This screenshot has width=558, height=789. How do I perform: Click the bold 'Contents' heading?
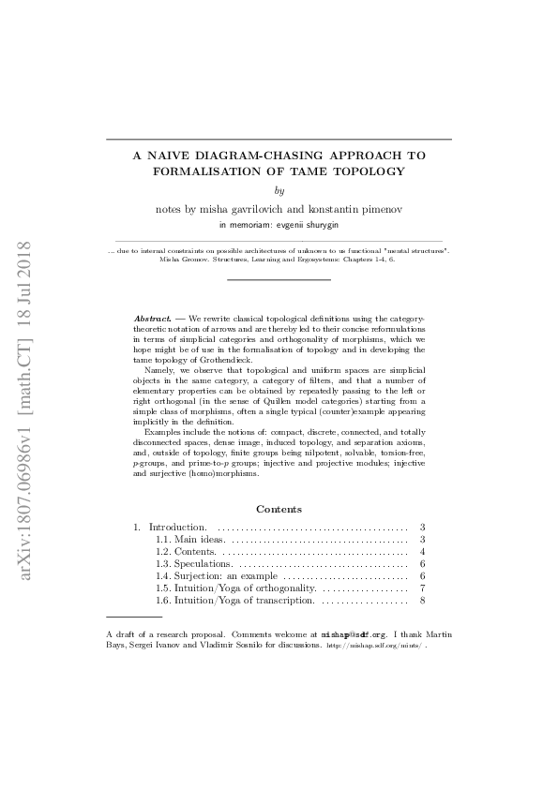(x=279, y=509)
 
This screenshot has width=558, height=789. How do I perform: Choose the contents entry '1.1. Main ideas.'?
(x=190, y=540)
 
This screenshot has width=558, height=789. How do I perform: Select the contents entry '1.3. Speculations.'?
(x=193, y=564)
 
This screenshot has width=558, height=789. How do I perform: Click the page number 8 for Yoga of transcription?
(x=424, y=600)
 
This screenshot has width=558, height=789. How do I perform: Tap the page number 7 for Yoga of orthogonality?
(x=424, y=588)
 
